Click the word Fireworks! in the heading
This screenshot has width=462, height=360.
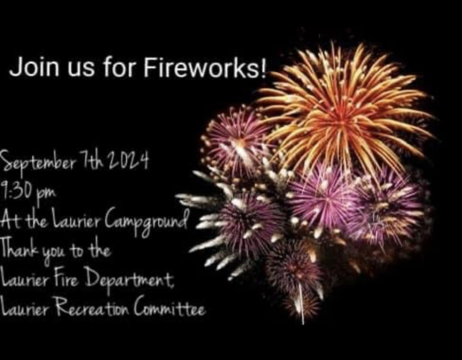[205, 67]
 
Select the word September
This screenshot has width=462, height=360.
[39, 163]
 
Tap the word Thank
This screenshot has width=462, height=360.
[20, 249]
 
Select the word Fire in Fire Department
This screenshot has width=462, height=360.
[66, 278]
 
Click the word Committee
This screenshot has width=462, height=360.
[169, 308]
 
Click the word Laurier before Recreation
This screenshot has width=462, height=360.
[24, 308]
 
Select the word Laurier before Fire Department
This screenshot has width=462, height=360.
[24, 278]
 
